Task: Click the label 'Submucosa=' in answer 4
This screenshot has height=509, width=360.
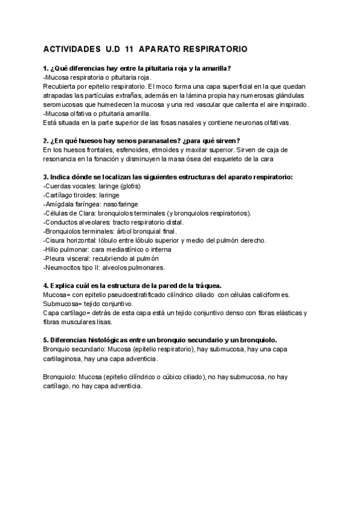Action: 64,304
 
